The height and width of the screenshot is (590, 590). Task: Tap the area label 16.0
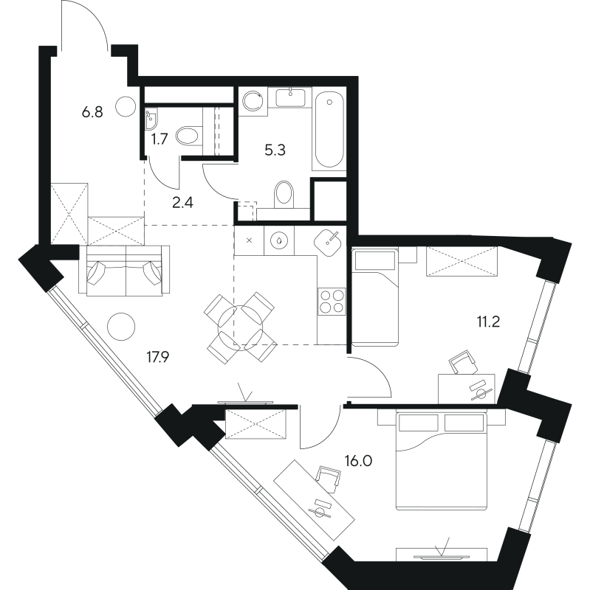click(358, 459)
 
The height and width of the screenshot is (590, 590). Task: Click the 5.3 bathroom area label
click(275, 149)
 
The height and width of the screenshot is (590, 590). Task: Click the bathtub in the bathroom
click(329, 130)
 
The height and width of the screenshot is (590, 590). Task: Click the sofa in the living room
click(124, 271)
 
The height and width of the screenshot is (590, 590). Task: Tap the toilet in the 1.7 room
click(191, 135)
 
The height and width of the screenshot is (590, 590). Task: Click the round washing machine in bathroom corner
click(253, 101)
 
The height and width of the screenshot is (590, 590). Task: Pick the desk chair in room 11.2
click(462, 362)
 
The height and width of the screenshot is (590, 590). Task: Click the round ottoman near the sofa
click(120, 325)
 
